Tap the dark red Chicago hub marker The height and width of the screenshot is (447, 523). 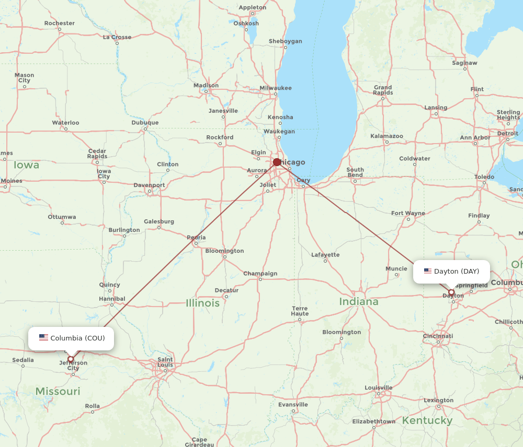tap(277, 162)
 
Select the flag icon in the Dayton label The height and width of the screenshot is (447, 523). tap(428, 271)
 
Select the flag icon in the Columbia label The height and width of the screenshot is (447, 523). tap(43, 337)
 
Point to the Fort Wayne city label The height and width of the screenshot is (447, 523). tap(407, 213)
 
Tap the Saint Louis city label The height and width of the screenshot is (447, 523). tap(165, 362)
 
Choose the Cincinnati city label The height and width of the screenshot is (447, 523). tap(438, 336)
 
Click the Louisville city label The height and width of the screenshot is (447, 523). tap(379, 388)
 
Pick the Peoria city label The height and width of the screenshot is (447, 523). tap(196, 238)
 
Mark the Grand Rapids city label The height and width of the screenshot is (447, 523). tap(382, 90)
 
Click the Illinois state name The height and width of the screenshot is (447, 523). tap(202, 303)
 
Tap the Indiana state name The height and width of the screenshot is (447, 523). tap(358, 302)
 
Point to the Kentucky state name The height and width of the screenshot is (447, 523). tap(427, 420)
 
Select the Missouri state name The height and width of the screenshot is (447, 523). tap(58, 391)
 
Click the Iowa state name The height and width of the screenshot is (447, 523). tap(26, 165)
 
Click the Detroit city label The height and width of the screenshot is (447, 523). tap(507, 133)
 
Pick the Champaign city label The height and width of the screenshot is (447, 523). tap(260, 274)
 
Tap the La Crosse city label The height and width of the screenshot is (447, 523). tap(117, 37)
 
